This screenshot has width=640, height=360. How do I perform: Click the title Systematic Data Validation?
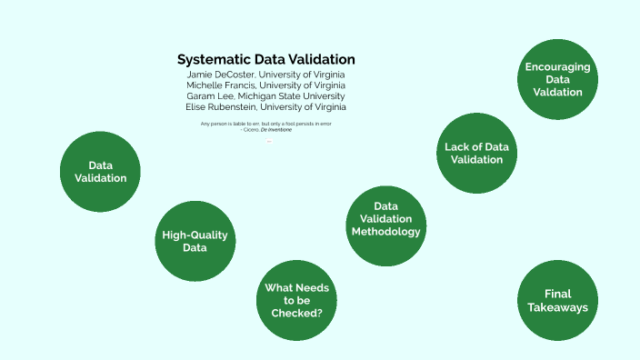(265, 59)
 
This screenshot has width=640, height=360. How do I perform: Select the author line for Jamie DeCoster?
(265, 74)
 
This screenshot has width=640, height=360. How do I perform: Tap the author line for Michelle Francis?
(265, 85)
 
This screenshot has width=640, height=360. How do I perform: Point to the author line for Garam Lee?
(265, 95)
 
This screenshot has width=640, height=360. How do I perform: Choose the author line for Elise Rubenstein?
(265, 106)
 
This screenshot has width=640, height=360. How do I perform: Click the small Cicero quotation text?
(265, 125)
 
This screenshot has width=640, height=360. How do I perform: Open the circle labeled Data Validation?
(100, 172)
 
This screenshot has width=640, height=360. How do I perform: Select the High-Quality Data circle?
(195, 241)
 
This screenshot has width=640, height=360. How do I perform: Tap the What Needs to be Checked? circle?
(297, 300)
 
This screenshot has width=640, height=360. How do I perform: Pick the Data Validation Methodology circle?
(386, 219)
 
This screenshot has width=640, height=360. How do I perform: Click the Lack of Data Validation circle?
(476, 153)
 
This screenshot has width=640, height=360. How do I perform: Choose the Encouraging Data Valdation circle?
(557, 79)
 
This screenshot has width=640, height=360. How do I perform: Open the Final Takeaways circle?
(557, 300)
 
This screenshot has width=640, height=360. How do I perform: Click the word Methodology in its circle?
(386, 232)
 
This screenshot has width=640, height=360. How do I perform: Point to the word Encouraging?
(557, 67)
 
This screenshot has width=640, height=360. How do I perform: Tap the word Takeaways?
(557, 307)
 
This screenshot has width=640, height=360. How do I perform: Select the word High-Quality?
(195, 235)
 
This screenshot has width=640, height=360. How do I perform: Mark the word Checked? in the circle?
(297, 313)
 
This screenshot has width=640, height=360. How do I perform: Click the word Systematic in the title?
(213, 59)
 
